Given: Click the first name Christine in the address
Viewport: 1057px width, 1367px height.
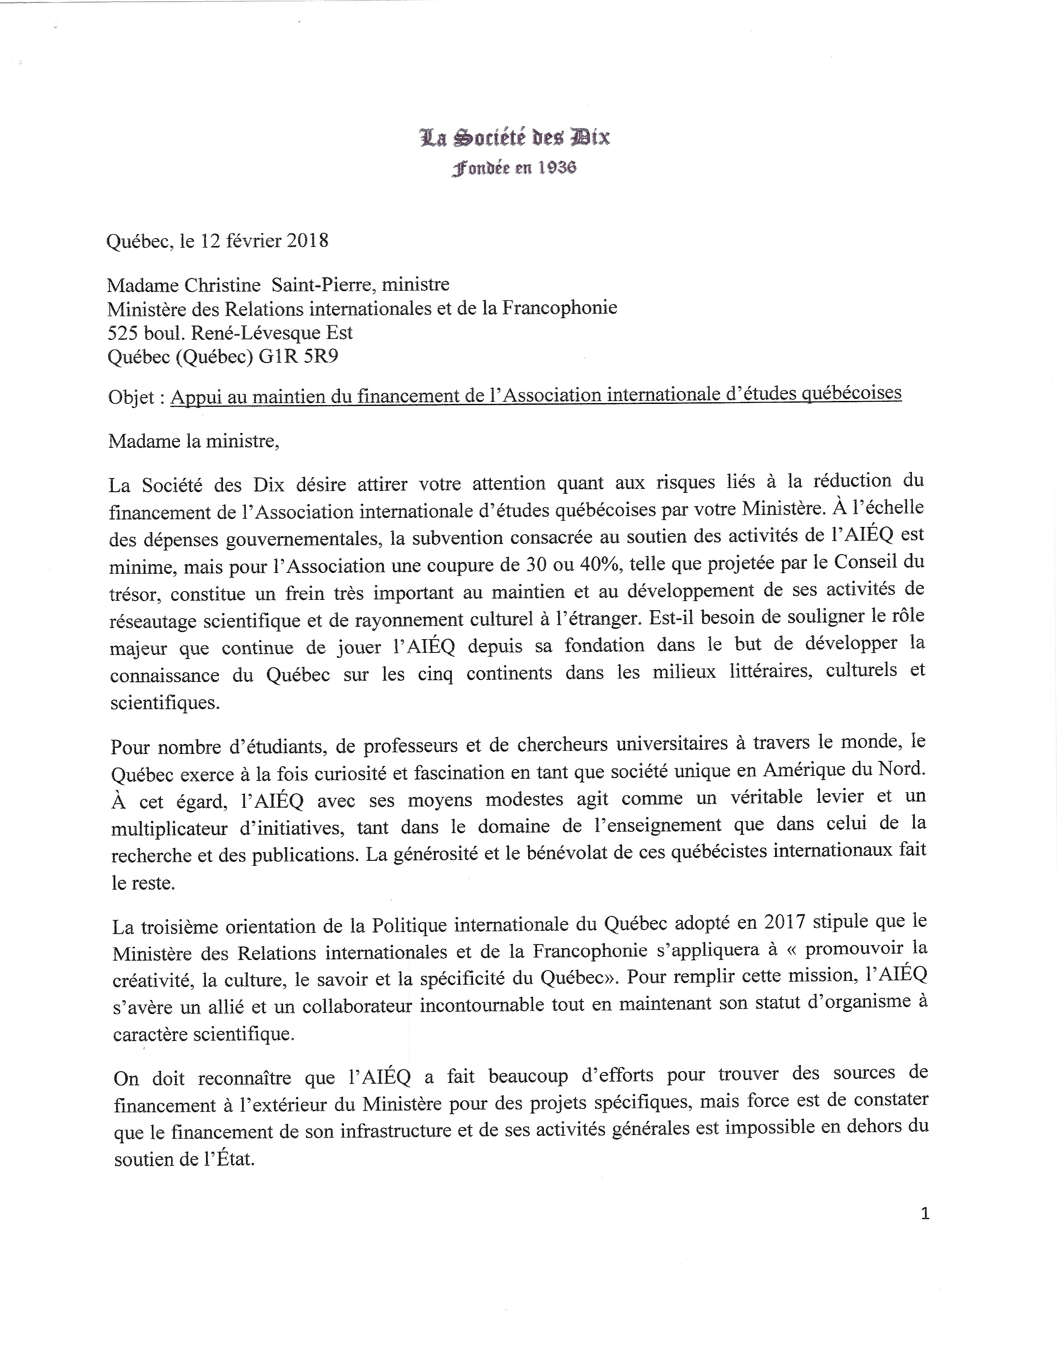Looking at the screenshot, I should pos(222,285).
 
